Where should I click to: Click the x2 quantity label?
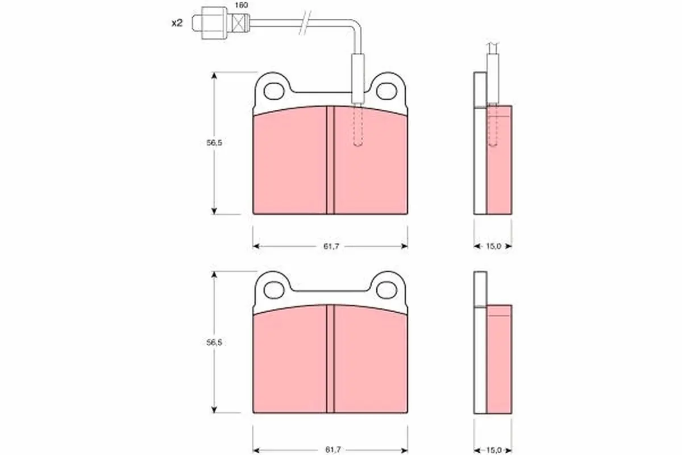[x=177, y=23]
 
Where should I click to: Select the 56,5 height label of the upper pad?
[x=214, y=143]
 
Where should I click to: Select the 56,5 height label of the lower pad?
[x=214, y=342]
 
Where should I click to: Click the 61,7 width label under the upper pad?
[x=330, y=246]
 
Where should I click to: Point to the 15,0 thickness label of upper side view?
[x=493, y=246]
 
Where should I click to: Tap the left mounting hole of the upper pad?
[x=275, y=89]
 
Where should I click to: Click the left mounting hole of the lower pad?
[x=275, y=288]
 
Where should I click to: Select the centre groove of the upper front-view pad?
[x=330, y=162]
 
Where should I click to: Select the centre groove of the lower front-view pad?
[x=330, y=361]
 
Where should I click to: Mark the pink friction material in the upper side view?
[x=500, y=171]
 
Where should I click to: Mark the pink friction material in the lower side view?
[x=500, y=370]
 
